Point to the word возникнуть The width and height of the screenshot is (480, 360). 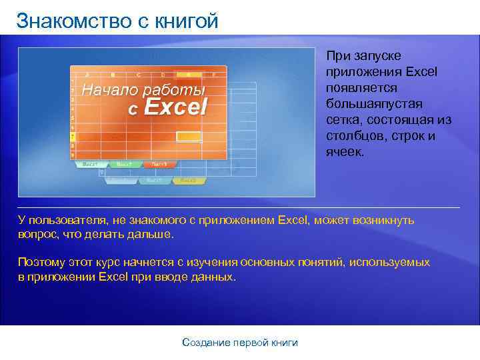click(382, 220)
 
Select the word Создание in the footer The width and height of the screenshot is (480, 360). click(206, 343)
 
